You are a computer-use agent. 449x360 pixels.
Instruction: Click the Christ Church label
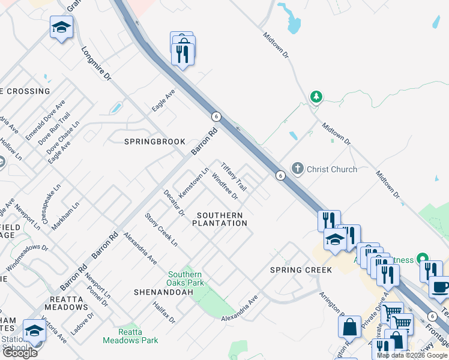(x=332, y=169)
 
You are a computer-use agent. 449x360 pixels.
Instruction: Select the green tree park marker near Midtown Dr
(x=316, y=97)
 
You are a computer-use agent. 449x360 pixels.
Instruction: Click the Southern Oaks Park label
(x=186, y=278)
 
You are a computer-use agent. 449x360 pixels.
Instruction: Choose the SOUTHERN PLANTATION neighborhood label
(x=220, y=219)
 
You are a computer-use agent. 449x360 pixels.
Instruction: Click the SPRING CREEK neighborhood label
(x=301, y=270)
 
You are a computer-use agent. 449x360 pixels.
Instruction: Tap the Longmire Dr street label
(x=96, y=64)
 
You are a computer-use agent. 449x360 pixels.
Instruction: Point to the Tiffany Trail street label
(x=234, y=175)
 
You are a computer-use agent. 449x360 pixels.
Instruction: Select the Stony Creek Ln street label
(x=161, y=229)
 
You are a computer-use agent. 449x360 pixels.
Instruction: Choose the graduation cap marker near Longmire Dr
(x=61, y=28)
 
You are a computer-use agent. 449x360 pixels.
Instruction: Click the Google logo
(x=20, y=353)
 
